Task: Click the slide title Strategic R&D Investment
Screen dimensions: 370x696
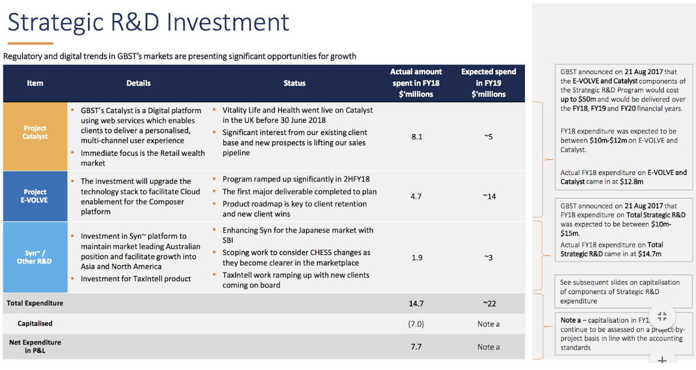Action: point(148,22)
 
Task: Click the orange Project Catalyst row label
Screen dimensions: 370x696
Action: point(35,132)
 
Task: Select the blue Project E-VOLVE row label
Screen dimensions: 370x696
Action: point(35,196)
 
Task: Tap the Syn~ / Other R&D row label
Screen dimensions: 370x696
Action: point(34,257)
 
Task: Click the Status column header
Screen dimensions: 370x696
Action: point(294,83)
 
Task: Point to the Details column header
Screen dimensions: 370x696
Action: point(138,83)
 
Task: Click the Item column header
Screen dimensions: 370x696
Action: point(35,83)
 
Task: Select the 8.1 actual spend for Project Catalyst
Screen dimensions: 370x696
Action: point(416,137)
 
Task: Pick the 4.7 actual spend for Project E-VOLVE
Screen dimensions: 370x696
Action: point(416,197)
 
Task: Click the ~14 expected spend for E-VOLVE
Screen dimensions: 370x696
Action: point(489,197)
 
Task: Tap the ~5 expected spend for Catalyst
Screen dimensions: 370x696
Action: point(489,137)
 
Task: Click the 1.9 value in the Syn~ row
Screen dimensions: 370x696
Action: point(416,257)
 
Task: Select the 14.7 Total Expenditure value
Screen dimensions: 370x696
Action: point(416,303)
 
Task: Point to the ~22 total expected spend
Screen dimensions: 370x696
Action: point(489,303)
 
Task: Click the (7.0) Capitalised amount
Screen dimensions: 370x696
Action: point(416,324)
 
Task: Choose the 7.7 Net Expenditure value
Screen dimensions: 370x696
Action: point(416,347)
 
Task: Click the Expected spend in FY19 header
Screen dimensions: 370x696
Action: point(489,83)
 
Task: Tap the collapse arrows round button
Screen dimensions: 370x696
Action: point(662,316)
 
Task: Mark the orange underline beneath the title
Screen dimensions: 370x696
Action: point(30,43)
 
